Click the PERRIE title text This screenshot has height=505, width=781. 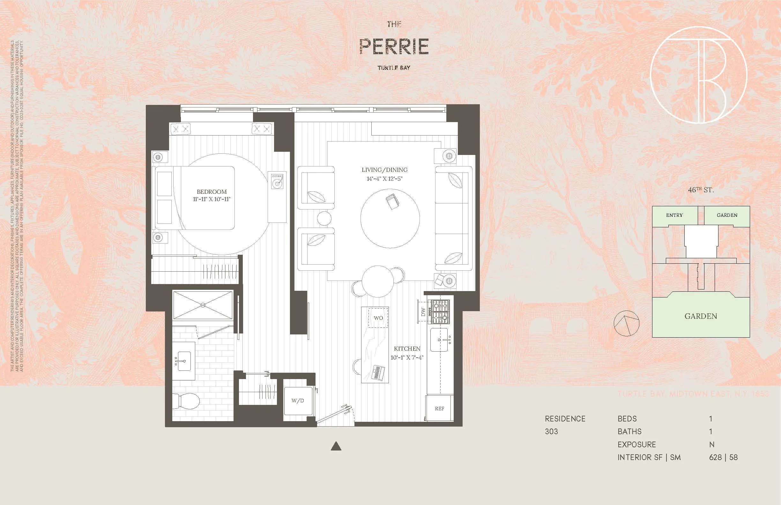tap(394, 47)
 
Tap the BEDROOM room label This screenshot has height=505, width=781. tap(212, 192)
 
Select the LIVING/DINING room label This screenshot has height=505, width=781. tap(384, 170)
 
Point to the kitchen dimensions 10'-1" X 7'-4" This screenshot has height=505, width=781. tap(407, 358)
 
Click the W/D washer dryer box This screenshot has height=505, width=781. tap(298, 401)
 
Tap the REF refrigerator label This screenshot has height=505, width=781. tap(439, 409)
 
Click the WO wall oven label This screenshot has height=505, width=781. tap(378, 318)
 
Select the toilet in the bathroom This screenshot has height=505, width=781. tap(187, 401)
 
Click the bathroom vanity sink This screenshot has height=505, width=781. tap(184, 361)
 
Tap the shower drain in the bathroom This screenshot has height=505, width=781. tap(203, 305)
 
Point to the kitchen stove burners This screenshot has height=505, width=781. tap(440, 312)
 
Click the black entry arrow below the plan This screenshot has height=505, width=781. tap(336, 446)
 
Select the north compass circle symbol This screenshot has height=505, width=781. tap(627, 323)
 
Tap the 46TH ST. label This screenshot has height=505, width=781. tap(701, 190)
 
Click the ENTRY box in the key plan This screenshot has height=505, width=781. tap(674, 216)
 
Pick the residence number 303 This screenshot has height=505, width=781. tap(551, 432)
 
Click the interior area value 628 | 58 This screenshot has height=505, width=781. tap(723, 457)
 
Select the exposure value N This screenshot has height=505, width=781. tap(711, 445)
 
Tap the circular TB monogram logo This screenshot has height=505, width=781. tap(699, 75)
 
